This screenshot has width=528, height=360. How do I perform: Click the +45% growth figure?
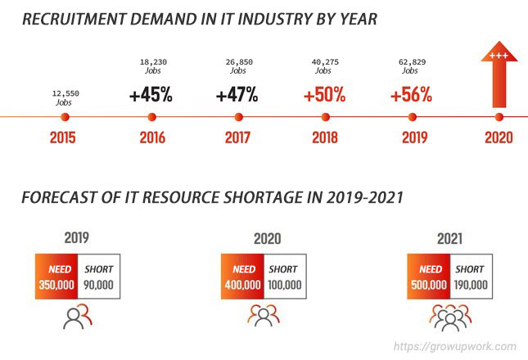tap(151, 94)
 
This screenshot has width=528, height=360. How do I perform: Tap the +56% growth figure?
tap(411, 94)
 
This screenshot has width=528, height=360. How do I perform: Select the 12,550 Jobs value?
tap(65, 97)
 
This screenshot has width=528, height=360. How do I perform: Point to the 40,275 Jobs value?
tap(325, 66)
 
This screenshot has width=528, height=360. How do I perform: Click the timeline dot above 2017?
tap(238, 117)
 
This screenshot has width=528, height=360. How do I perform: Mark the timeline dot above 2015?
tap(65, 117)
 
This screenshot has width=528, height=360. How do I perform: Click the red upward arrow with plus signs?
tap(499, 74)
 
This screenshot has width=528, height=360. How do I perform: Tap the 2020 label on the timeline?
tap(499, 137)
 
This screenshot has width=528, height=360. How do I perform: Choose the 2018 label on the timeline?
tap(325, 137)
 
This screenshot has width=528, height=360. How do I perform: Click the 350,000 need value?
tap(56, 285)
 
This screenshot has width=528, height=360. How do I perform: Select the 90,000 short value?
tap(98, 285)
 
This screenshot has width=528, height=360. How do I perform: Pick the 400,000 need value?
tap(243, 285)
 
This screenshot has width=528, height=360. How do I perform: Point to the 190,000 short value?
tap(471, 285)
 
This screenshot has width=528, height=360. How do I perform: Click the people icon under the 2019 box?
tap(78, 317)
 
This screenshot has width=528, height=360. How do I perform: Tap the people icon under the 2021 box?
tap(450, 317)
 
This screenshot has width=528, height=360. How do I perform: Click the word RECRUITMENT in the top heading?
tap(74, 19)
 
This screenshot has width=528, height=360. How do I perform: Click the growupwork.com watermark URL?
tap(455, 346)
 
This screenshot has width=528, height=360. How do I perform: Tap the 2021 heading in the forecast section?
tap(450, 239)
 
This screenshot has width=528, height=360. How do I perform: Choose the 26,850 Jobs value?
tap(239, 66)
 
